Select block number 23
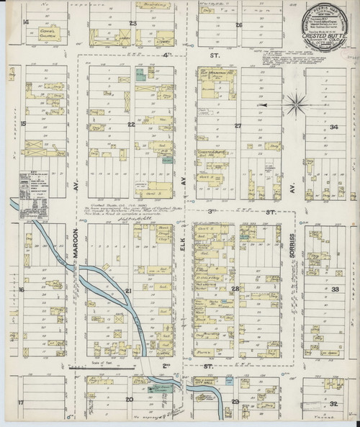[132, 22]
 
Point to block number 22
[131, 124]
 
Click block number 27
[237, 125]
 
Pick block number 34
[334, 127]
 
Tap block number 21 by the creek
[130, 290]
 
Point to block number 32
[332, 405]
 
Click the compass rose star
[295, 105]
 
